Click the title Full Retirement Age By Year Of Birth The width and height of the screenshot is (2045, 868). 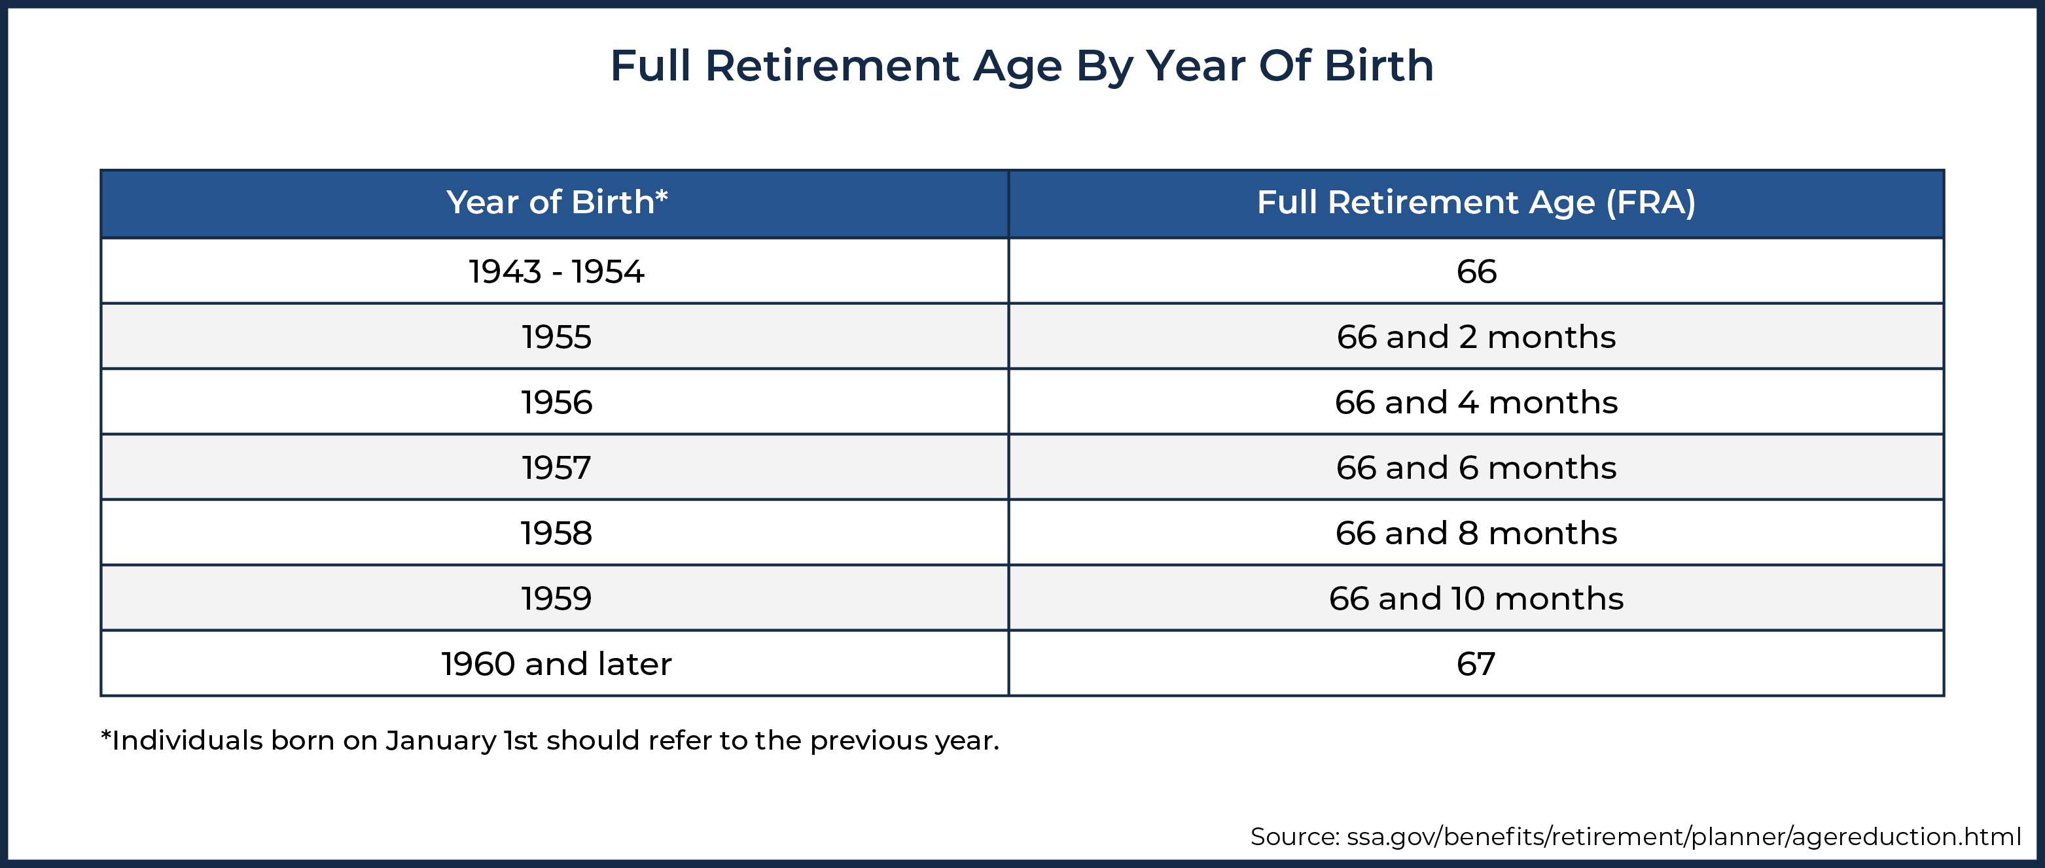[1022, 66]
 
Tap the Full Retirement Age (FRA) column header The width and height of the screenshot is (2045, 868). [1476, 203]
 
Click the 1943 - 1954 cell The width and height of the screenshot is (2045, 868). [556, 271]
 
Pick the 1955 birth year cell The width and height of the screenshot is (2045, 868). [556, 336]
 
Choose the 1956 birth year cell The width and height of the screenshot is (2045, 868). [556, 402]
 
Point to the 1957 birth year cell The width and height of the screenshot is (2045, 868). [556, 467]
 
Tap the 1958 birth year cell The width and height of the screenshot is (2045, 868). [556, 533]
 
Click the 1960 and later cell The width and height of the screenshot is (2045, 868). [556, 663]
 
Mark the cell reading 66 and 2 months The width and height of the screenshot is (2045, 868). [1476, 336]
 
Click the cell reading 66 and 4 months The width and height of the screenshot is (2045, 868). [1476, 402]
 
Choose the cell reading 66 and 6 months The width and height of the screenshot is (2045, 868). [1476, 467]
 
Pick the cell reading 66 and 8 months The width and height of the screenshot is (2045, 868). [1476, 533]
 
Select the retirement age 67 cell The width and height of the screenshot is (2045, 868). [1476, 663]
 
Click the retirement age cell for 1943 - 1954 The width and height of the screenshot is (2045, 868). [1476, 271]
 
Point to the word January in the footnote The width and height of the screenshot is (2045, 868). [441, 741]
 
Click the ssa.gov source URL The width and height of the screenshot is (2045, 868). [1684, 837]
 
